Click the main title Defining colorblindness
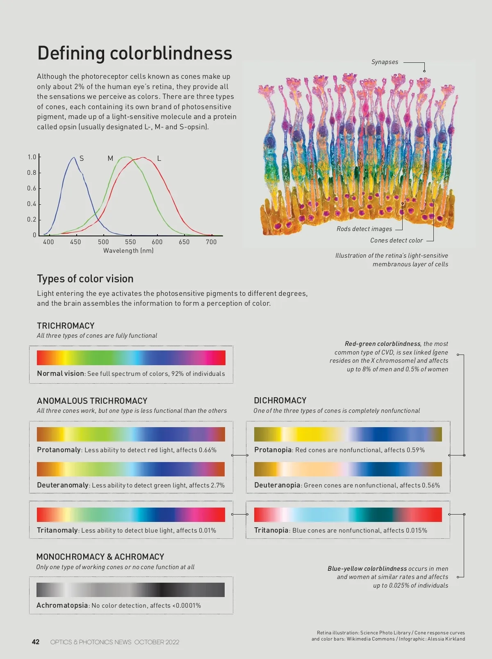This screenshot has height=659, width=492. (134, 53)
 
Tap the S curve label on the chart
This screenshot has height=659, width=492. (82, 158)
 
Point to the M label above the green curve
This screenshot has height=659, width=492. (110, 158)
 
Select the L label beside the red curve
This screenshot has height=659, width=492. (159, 158)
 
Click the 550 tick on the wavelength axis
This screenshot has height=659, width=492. (130, 242)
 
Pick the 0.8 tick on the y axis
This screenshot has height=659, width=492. (32, 173)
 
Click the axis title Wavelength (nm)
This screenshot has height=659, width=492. (128, 251)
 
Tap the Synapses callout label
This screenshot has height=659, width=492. (385, 62)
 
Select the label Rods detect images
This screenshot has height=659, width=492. (364, 229)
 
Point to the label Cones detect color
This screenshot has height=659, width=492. (396, 240)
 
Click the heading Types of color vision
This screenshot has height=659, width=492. (85, 279)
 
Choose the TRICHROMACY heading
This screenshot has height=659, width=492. (66, 326)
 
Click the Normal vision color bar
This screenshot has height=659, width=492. (131, 358)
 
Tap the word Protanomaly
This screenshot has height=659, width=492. (59, 450)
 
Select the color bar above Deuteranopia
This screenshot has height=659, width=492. (348, 469)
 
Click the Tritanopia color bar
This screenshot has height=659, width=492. (348, 515)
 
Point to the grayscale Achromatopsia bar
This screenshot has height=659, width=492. (130, 590)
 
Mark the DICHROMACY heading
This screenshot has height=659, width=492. (280, 400)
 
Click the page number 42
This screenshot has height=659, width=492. (36, 642)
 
